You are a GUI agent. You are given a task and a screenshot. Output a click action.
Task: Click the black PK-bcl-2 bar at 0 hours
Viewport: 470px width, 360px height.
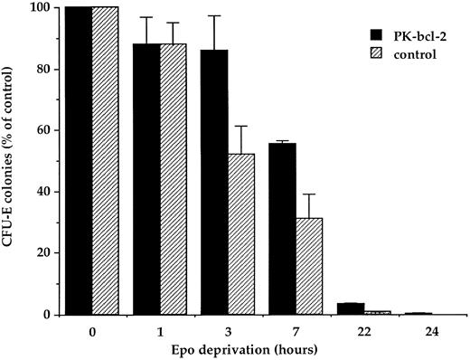point(79,163)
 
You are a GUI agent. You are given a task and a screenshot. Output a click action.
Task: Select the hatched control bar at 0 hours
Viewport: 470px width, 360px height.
point(106,163)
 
